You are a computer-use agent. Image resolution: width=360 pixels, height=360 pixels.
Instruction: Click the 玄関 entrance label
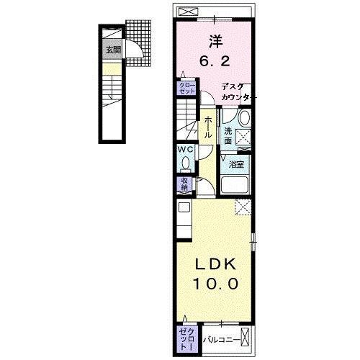113,50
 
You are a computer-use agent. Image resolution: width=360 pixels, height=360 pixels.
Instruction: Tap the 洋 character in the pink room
216,42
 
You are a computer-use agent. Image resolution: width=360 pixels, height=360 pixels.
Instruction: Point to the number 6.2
215,61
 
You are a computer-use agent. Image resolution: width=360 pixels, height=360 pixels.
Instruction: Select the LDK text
215,265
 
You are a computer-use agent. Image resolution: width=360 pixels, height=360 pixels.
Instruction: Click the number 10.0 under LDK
215,284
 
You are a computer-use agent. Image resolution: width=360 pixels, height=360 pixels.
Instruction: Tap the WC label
185,150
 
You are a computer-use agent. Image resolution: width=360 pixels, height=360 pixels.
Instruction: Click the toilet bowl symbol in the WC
185,163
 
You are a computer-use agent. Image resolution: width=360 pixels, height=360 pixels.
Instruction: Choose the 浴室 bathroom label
236,164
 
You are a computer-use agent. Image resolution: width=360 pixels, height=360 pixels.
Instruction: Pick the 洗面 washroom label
228,136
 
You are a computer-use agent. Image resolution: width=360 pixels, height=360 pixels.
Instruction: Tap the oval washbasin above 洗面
245,117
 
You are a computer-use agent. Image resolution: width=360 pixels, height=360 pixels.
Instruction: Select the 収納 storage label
184,184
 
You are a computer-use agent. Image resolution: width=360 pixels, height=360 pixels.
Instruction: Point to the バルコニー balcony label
222,340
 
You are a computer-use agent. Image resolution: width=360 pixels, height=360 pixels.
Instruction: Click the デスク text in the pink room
233,87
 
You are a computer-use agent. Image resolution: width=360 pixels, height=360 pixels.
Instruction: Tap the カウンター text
236,97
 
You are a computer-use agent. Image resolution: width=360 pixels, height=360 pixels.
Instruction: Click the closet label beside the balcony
187,340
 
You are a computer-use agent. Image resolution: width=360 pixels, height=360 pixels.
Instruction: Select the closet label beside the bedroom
187,88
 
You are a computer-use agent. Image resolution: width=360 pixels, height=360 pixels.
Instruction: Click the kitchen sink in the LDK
184,207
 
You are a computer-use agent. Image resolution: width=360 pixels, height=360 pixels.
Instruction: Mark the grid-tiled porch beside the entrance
139,42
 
